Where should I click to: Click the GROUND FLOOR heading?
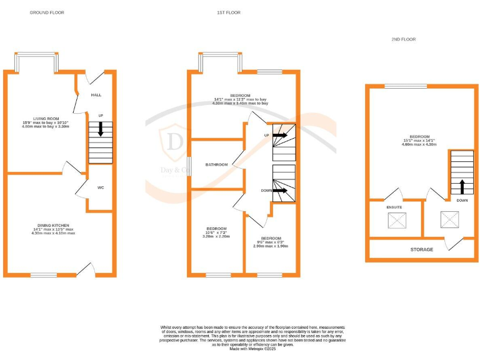(x=47, y=12)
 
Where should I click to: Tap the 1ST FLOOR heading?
(x=229, y=12)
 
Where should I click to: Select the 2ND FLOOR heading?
(x=404, y=39)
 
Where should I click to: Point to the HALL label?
(x=96, y=95)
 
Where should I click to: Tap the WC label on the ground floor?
(x=100, y=187)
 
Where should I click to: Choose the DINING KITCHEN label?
(x=52, y=224)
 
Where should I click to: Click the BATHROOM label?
(x=217, y=164)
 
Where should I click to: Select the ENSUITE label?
(x=394, y=207)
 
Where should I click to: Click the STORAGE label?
(x=422, y=249)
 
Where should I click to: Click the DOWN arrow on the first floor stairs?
(x=279, y=191)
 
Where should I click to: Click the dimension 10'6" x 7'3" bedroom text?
(x=216, y=232)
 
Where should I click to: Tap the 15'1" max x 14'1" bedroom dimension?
(x=419, y=141)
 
